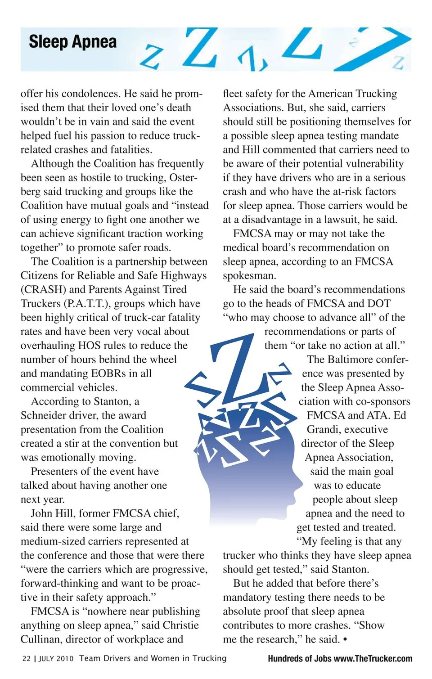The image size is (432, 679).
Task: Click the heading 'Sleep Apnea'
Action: coord(72,42)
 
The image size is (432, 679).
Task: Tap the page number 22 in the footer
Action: coord(27,658)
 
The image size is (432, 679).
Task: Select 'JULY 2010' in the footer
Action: coord(56,658)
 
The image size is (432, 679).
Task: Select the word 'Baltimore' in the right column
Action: coord(355,360)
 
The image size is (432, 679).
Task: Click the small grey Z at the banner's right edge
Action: coord(397,62)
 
